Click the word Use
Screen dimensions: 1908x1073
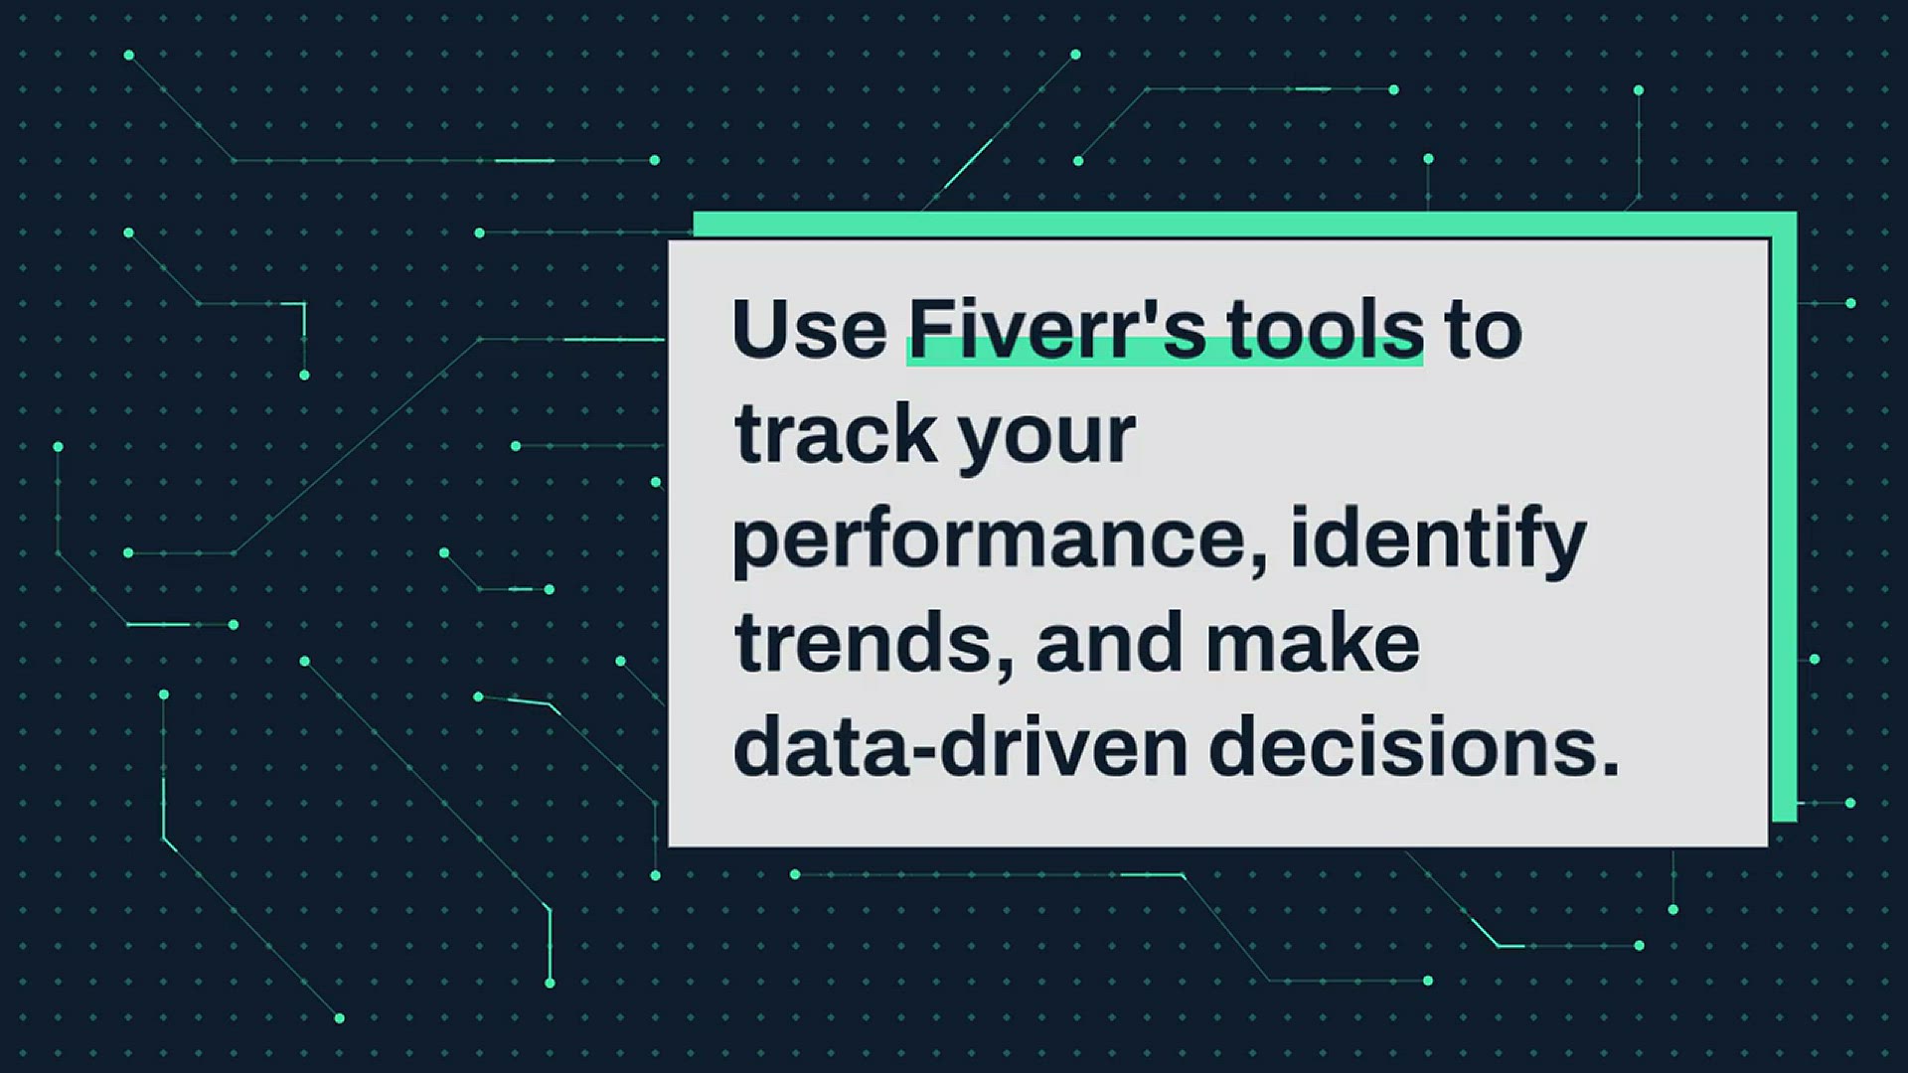coord(810,329)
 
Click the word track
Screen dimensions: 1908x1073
coord(836,434)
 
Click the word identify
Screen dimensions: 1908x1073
coord(1438,541)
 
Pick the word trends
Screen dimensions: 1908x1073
coord(864,643)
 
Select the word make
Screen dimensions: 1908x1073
coord(1313,643)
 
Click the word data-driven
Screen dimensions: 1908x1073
coord(961,747)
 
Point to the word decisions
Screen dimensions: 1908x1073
coord(1402,747)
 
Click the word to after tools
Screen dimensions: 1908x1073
coord(1484,331)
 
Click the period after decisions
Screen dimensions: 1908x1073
coord(1610,768)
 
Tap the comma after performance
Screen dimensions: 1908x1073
coord(1259,565)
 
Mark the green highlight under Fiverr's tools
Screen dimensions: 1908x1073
coord(1165,352)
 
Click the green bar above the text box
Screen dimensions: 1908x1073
coord(1244,225)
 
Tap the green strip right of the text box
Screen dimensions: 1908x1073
coord(1784,517)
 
